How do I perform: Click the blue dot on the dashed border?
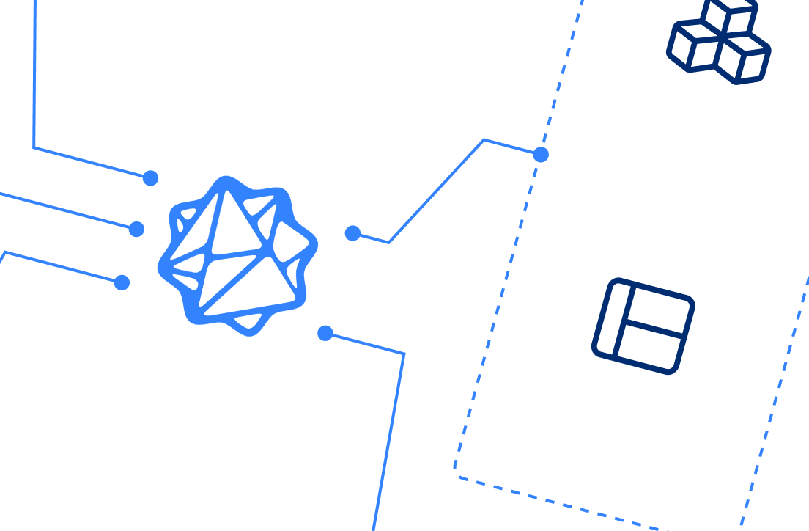click(x=541, y=155)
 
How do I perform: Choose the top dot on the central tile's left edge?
click(x=150, y=177)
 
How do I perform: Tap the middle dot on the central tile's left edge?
click(x=136, y=230)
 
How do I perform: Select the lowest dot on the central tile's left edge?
click(x=122, y=282)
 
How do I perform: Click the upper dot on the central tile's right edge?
click(x=352, y=233)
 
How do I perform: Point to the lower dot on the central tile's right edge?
click(x=325, y=334)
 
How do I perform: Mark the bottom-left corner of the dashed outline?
click(x=457, y=475)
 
